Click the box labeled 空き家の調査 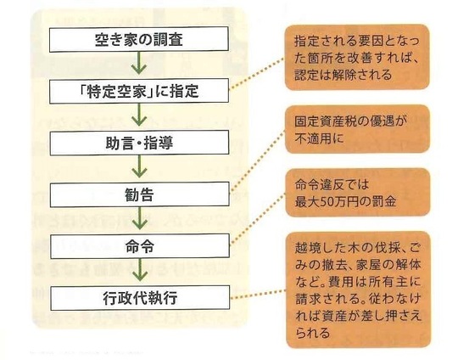click(139, 39)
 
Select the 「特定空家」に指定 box click(139, 91)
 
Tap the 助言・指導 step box click(139, 143)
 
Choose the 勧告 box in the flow click(140, 194)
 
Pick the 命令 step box click(140, 246)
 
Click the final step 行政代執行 click(140, 298)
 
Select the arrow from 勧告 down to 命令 click(140, 218)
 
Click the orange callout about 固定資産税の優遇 click(358, 129)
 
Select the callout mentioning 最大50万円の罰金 click(358, 193)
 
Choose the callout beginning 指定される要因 click(357, 58)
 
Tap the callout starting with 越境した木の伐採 click(358, 290)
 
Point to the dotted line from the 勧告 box click(258, 161)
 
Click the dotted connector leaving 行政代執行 click(258, 295)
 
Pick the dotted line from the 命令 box click(258, 218)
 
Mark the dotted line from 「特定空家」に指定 click(257, 73)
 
